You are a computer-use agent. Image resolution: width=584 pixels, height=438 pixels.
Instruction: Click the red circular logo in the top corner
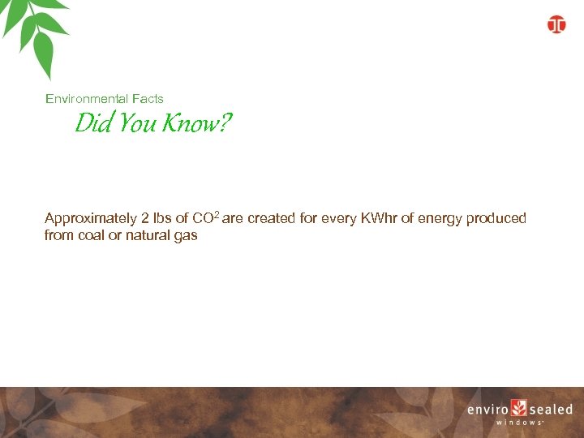pos(556,24)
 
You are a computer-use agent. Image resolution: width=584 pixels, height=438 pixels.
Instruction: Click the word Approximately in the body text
pos(91,219)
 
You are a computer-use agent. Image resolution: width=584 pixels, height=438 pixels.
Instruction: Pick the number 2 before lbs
pos(145,219)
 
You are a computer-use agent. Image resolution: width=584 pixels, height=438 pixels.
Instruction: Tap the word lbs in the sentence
pos(162,219)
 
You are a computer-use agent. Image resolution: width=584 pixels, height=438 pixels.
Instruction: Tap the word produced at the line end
pos(496,220)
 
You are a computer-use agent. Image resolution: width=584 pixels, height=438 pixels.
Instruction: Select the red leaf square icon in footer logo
pos(519,409)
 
